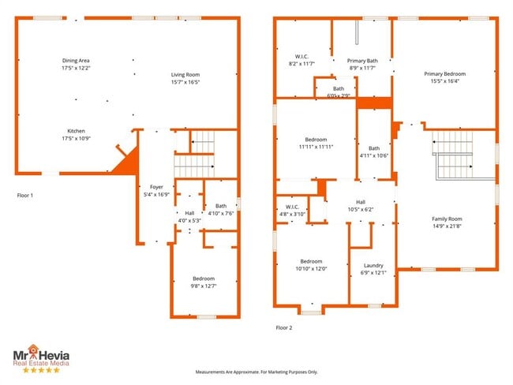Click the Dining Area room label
[x=77, y=60]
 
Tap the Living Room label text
[x=186, y=75]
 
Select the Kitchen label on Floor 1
[x=76, y=131]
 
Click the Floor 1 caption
[x=25, y=194]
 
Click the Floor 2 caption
[x=284, y=327]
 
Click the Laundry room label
[x=373, y=265]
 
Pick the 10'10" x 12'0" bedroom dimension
[x=312, y=268]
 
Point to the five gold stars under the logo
[x=39, y=369]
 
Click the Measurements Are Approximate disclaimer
[x=256, y=372]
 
